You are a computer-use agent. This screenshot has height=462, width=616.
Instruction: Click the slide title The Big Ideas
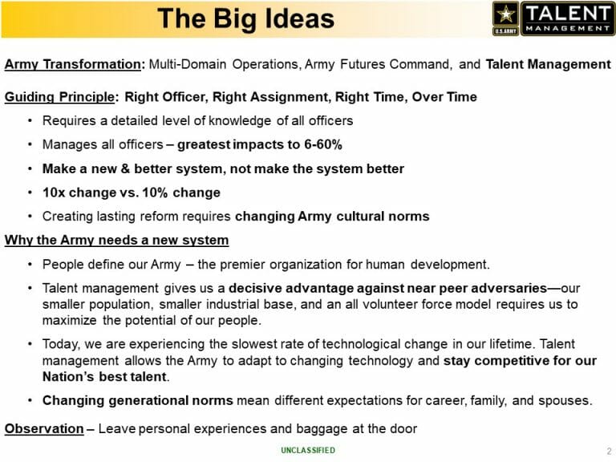point(245,18)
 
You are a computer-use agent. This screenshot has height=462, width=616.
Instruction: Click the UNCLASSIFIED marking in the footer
point(308,450)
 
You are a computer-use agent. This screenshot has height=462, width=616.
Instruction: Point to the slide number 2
point(609,451)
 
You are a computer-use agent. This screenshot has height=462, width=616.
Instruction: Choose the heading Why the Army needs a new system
point(116,240)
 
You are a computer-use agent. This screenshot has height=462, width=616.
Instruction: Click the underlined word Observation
point(44,428)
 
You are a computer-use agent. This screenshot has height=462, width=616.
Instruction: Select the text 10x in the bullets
point(54,192)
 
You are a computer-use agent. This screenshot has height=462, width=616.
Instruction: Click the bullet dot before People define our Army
point(30,264)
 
